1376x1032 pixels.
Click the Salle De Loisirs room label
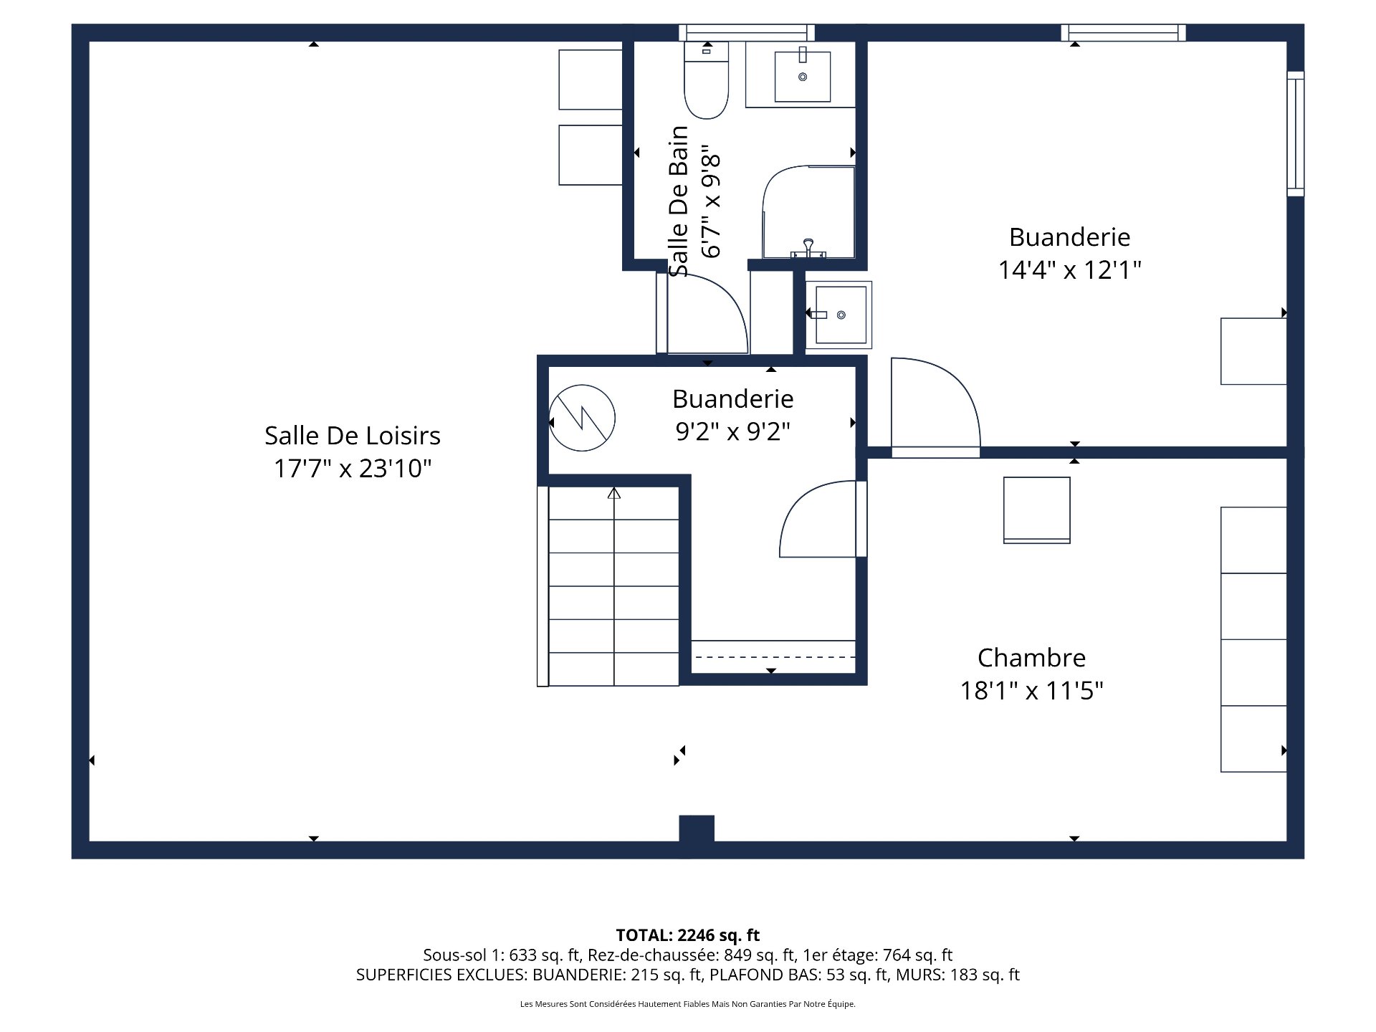(352, 436)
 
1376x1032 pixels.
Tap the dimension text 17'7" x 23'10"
(352, 469)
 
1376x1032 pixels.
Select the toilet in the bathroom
(706, 83)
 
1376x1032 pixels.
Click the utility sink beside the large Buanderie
(839, 315)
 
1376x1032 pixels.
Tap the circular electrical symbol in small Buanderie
(582, 418)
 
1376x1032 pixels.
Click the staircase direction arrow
(614, 493)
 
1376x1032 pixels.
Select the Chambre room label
(1031, 658)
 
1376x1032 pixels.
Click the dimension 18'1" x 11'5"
(1031, 691)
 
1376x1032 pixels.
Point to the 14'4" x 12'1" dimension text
(1069, 270)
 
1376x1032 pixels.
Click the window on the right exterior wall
(1295, 134)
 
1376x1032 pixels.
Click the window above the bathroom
(746, 32)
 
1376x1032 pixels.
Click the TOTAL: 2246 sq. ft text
(687, 935)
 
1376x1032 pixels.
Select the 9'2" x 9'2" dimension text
(732, 431)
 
